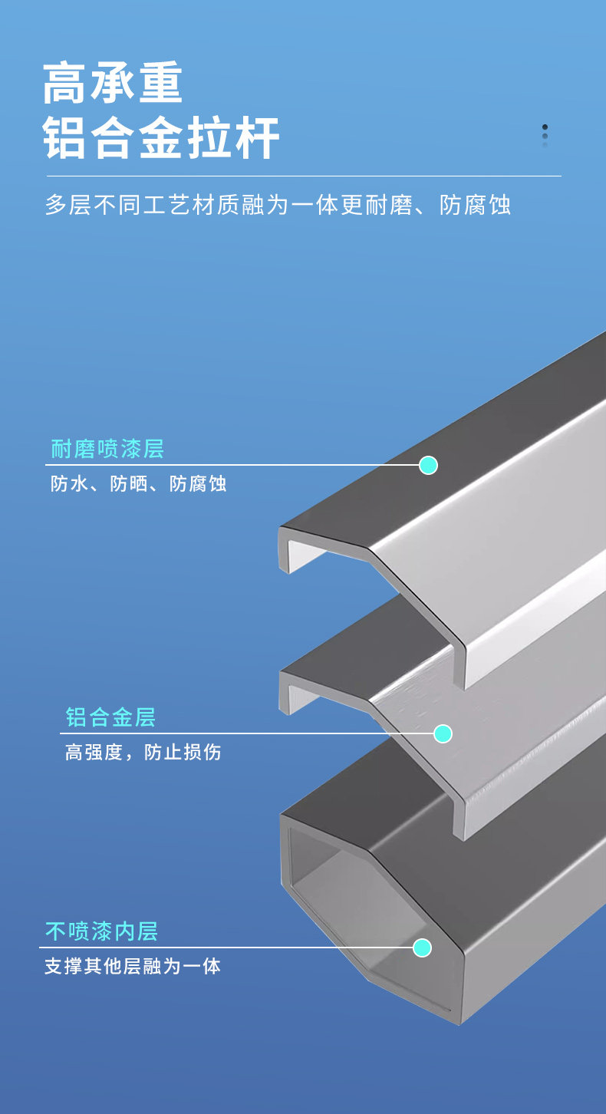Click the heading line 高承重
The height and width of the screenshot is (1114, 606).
tap(113, 84)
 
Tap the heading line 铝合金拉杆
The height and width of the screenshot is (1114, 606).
tap(161, 138)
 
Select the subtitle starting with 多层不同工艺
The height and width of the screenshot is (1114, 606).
tap(278, 206)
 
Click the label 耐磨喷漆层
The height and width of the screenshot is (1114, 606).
tap(107, 449)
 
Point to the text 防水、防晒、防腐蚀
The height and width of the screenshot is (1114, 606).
tap(138, 483)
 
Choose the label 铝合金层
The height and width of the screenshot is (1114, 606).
tap(110, 717)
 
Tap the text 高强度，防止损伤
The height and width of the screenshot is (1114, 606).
tap(143, 752)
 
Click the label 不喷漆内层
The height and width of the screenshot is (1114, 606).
tap(101, 931)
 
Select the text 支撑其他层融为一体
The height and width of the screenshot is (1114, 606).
tap(132, 966)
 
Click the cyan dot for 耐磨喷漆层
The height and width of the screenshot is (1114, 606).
tap(428, 465)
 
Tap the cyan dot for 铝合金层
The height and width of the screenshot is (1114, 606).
tap(443, 733)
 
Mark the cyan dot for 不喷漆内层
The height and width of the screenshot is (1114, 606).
tap(422, 948)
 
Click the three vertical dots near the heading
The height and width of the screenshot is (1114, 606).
tap(545, 136)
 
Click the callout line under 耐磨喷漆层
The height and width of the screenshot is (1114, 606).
tap(230, 465)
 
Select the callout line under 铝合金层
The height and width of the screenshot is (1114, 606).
tap(245, 733)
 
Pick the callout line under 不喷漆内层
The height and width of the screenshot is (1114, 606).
tap(230, 948)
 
